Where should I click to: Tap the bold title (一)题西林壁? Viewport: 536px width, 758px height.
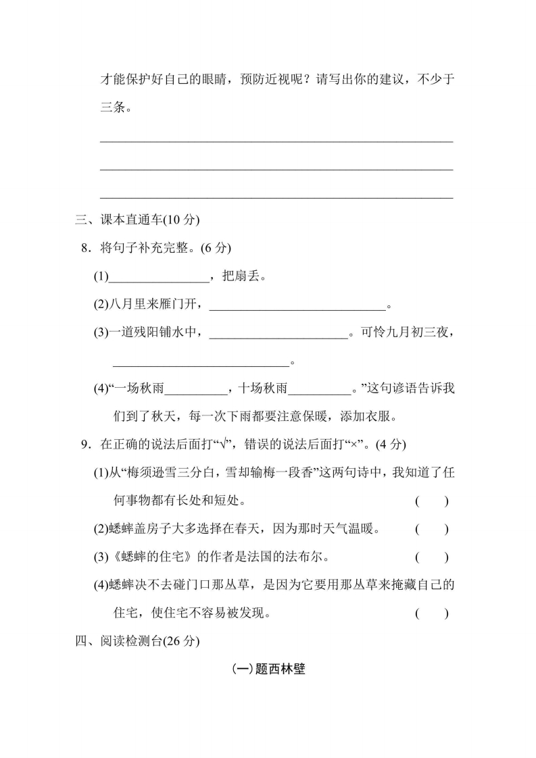pos(268,669)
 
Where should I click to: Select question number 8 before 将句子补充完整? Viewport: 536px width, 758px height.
pos(85,248)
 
